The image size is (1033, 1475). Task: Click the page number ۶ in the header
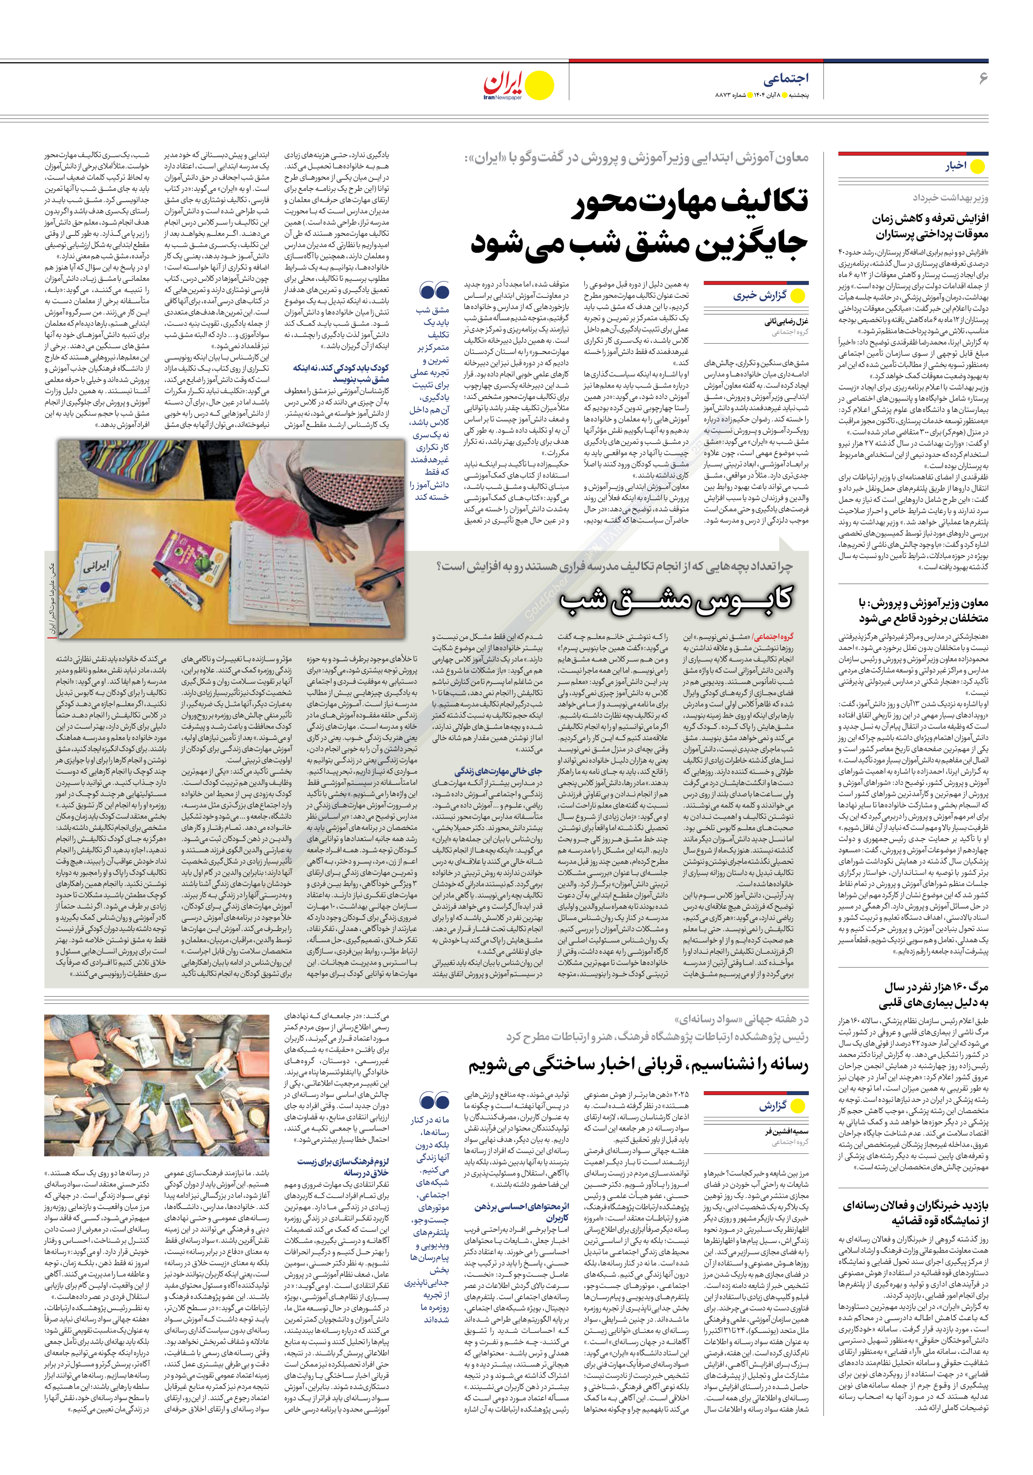pyautogui.click(x=983, y=78)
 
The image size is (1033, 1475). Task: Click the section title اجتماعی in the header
pyautogui.click(x=785, y=78)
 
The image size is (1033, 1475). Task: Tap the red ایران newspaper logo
pyautogui.click(x=504, y=83)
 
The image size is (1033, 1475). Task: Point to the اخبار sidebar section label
pyautogui.click(x=955, y=166)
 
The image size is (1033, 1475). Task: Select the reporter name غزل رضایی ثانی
pyautogui.click(x=787, y=322)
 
